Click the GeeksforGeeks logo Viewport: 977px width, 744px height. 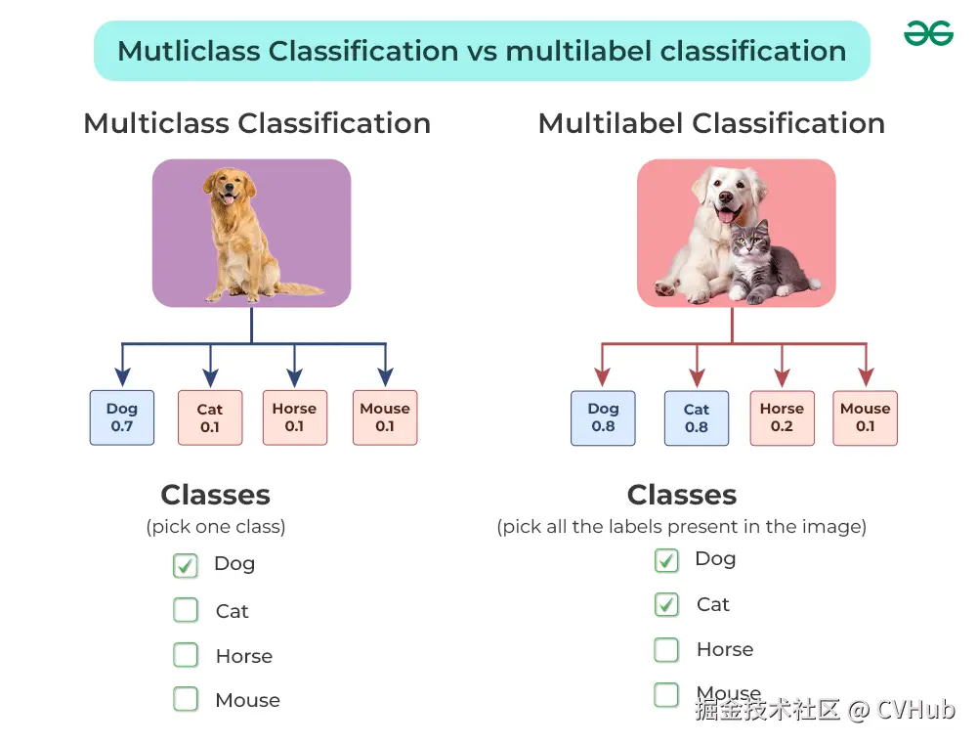928,33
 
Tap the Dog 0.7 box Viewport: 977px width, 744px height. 121,417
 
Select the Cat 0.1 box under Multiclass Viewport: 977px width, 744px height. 210,417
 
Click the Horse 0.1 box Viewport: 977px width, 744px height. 295,417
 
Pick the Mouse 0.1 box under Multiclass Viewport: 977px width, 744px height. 385,417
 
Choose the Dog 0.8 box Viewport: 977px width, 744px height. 603,417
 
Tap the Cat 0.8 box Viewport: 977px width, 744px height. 697,417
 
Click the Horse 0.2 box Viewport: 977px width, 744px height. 782,417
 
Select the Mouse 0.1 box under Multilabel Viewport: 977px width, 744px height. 866,417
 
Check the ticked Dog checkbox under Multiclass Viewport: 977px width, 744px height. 185,565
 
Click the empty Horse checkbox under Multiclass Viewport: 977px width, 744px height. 186,655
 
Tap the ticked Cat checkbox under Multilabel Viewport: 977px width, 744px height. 666,604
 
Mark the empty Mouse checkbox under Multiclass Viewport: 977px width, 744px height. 186,699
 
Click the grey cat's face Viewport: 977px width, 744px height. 749,241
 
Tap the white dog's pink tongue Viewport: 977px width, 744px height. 726,216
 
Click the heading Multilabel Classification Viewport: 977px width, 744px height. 711,123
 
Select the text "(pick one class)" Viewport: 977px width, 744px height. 216,527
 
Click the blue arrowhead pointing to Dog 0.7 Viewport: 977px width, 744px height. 123,376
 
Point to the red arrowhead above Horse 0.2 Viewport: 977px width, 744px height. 782,377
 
